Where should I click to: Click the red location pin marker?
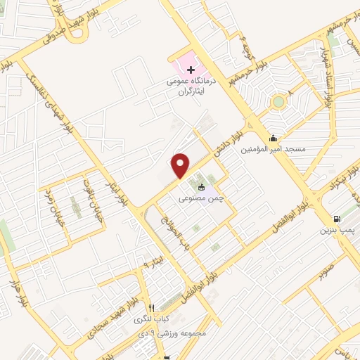point(181,165)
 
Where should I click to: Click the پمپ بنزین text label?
point(335,230)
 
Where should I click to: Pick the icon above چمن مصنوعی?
point(202,187)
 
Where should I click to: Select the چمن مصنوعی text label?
point(203,199)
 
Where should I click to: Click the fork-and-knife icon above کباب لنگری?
point(151,308)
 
